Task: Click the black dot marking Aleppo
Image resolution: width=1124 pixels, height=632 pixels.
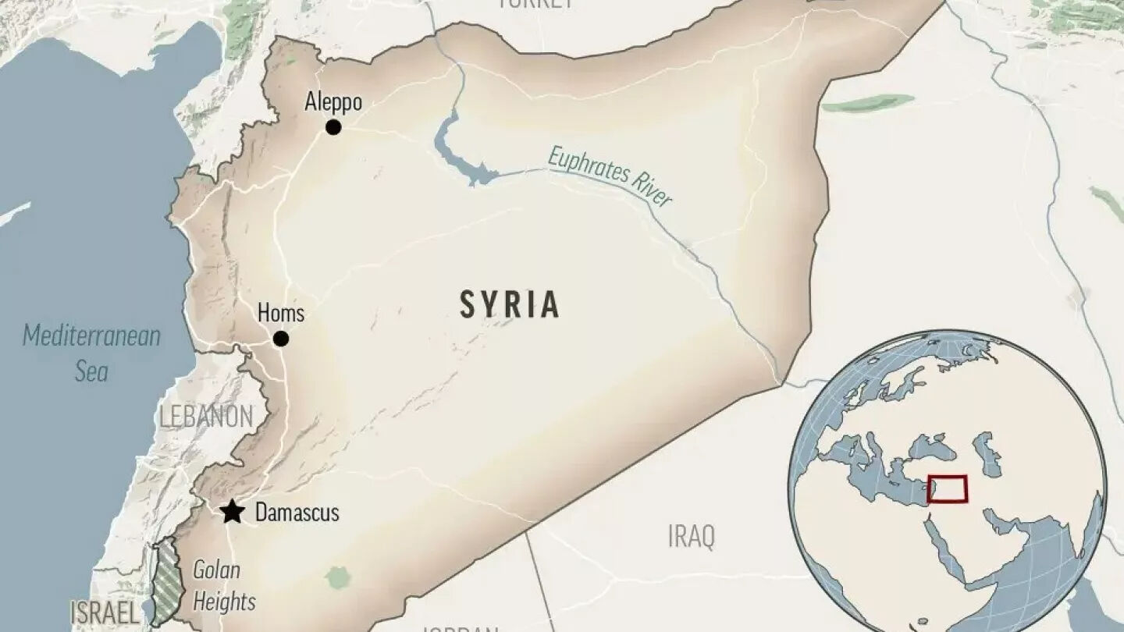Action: (x=333, y=127)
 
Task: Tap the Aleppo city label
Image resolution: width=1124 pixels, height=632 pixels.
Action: (x=333, y=102)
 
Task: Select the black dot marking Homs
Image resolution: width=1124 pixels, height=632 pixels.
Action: (x=280, y=339)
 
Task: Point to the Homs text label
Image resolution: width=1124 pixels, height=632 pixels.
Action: (x=280, y=314)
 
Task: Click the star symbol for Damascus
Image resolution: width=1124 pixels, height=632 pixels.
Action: (x=231, y=513)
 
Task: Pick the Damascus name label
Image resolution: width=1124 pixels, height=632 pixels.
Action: (x=297, y=513)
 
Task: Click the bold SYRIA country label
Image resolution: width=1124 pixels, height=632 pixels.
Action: (x=509, y=304)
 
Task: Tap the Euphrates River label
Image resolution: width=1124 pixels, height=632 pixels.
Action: (x=610, y=176)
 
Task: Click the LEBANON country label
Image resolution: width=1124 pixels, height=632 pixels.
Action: (x=206, y=417)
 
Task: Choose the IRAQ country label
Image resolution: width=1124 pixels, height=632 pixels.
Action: (x=691, y=537)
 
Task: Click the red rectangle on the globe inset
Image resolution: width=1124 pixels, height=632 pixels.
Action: (x=947, y=488)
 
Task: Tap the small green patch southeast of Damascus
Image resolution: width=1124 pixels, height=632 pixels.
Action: (x=337, y=577)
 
